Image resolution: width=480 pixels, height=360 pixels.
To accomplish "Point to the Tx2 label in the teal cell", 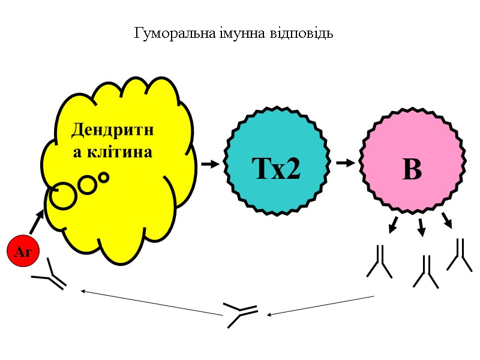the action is tap(277, 170).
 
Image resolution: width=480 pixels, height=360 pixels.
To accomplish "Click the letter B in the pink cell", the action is tap(412, 170).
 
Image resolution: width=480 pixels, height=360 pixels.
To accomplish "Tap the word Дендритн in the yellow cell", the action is tap(112, 130).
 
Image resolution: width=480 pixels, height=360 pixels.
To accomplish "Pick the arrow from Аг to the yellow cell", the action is tap(37, 221).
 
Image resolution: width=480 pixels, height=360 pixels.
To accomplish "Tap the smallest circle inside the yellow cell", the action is tap(104, 177).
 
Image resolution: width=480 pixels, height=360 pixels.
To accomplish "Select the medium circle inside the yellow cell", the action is tap(88, 185).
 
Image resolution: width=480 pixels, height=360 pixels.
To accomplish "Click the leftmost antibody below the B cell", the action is tap(380, 262).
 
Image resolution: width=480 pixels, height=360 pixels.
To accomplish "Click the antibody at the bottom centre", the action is tap(241, 314).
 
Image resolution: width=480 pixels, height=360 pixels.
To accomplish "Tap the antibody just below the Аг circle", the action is tap(50, 275).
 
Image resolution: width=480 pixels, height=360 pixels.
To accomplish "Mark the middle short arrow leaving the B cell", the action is tap(422, 227).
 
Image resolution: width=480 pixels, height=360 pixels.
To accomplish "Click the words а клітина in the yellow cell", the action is tap(113, 152).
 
